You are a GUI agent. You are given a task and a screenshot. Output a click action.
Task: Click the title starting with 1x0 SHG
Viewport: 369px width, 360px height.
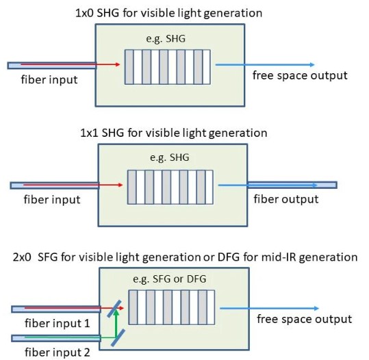click(168, 13)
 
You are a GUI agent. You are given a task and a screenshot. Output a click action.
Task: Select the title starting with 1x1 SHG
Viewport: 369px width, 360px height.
click(174, 133)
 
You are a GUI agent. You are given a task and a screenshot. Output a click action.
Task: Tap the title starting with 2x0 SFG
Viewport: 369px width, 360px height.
click(186, 257)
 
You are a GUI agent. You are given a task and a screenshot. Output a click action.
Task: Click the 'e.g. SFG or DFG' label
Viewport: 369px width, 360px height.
click(170, 279)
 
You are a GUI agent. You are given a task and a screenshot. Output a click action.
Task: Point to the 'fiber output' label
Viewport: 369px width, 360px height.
click(286, 199)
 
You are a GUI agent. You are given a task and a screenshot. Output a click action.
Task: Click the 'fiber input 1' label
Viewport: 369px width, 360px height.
click(58, 323)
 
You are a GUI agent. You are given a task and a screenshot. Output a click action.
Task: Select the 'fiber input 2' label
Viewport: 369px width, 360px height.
click(58, 352)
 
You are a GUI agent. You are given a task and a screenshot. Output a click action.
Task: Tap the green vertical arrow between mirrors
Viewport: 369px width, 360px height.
click(116, 324)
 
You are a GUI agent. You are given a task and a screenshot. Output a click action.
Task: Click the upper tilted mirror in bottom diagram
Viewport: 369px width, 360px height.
click(114, 309)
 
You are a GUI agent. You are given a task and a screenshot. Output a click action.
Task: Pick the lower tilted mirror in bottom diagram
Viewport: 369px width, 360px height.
click(118, 337)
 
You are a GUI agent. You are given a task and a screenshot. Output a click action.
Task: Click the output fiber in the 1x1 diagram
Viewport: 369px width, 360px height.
click(292, 185)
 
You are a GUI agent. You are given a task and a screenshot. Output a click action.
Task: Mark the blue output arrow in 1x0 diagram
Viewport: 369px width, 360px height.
click(265, 64)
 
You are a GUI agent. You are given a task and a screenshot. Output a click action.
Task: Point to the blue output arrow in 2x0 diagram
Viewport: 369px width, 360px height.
click(269, 308)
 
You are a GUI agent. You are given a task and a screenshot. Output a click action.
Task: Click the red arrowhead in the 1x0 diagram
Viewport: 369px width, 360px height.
click(118, 64)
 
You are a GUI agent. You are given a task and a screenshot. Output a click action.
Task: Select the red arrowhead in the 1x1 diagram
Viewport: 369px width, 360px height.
click(120, 185)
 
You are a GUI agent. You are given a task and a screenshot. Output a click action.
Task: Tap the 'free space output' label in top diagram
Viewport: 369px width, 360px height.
click(300, 75)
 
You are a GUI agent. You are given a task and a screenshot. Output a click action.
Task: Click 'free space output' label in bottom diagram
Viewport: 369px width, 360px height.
click(304, 319)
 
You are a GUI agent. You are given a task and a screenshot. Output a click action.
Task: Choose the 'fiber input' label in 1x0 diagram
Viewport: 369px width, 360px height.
click(49, 79)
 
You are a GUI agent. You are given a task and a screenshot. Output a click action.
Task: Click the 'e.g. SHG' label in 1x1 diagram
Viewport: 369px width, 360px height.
click(170, 157)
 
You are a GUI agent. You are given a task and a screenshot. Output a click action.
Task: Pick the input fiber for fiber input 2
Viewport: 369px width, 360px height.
click(56, 338)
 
